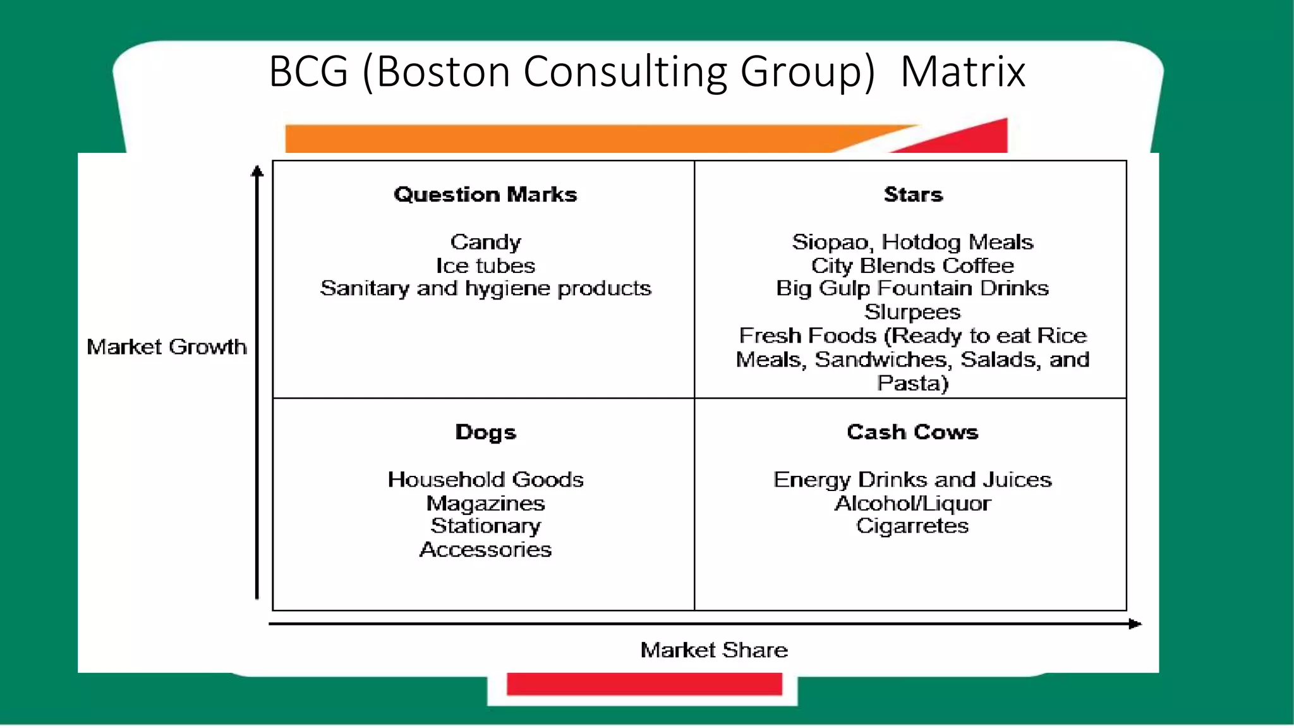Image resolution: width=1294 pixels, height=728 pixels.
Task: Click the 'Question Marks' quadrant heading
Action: [485, 195]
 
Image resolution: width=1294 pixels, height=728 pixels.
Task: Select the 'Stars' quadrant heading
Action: [913, 195]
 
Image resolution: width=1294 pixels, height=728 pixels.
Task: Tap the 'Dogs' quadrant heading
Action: [485, 432]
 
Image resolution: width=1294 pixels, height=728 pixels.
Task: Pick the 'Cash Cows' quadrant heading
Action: [912, 432]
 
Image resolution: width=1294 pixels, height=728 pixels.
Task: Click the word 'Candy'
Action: [485, 242]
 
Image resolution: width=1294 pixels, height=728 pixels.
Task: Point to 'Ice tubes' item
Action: [485, 265]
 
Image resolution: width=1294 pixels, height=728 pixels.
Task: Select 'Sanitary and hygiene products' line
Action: [485, 289]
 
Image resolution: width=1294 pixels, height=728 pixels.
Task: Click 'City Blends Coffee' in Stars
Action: [912, 265]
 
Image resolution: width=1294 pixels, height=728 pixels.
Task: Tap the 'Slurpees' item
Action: [912, 312]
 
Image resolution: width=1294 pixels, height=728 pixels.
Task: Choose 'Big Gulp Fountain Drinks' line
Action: [912, 289]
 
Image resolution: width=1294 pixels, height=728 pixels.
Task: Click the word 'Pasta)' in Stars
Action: [912, 384]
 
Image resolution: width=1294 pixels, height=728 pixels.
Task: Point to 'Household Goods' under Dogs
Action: [485, 480]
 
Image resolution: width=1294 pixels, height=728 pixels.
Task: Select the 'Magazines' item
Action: [485, 504]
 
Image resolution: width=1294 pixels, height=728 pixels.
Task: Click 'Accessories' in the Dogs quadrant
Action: [485, 550]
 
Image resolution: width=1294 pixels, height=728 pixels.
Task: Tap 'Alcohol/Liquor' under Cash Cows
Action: [912, 504]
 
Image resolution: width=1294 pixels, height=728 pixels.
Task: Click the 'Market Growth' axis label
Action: [167, 347]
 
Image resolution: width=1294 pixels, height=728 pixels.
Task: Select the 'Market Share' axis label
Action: [714, 650]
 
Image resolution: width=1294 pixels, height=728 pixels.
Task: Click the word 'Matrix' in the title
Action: [962, 71]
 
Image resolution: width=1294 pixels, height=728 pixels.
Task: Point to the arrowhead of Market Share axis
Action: [1135, 624]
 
